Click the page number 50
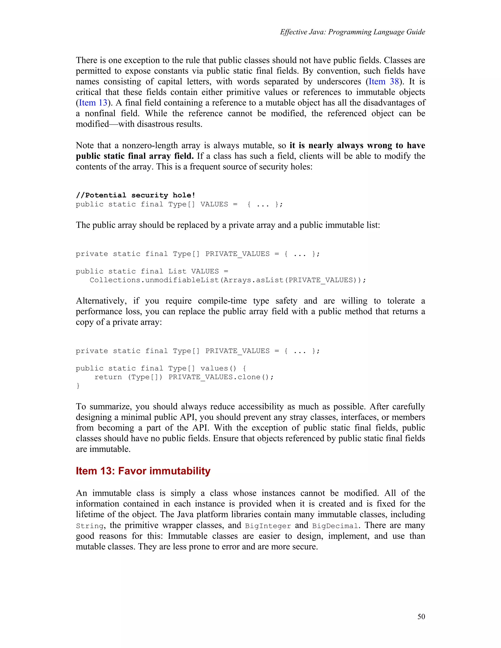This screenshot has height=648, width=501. coord(421,616)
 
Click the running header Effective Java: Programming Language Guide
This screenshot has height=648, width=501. coord(352,32)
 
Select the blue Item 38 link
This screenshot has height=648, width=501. coord(384,82)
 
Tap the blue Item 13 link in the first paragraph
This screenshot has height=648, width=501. coord(93,103)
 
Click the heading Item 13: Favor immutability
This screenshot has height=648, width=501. coord(143,471)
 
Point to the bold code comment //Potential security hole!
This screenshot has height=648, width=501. coord(135,195)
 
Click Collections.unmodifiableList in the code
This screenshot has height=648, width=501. coord(154,280)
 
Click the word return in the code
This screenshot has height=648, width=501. coord(108,377)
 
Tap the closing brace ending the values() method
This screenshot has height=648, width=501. coord(78,386)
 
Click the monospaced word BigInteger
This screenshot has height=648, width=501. coord(268,526)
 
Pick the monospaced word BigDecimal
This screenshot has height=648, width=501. coord(335,526)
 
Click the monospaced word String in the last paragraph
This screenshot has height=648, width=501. coord(90,526)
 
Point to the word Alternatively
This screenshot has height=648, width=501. coord(101,301)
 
